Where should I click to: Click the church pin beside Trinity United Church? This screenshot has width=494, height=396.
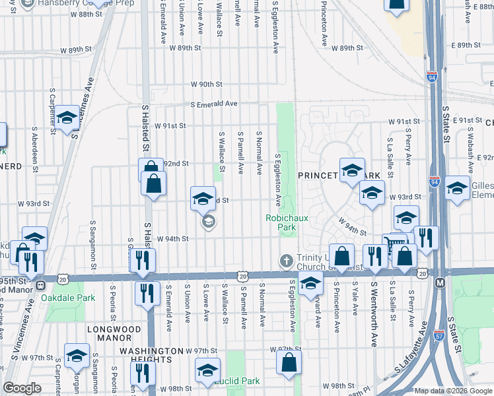point(286,260)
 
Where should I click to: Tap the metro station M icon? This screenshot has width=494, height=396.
point(441,282)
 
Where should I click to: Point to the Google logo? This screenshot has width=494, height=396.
point(22,388)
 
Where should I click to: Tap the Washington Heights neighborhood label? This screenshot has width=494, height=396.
point(151,356)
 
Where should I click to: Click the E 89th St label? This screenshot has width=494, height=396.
point(465,45)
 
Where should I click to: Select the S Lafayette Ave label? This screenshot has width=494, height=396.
point(409,364)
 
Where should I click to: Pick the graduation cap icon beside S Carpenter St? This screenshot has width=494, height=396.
point(66,119)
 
